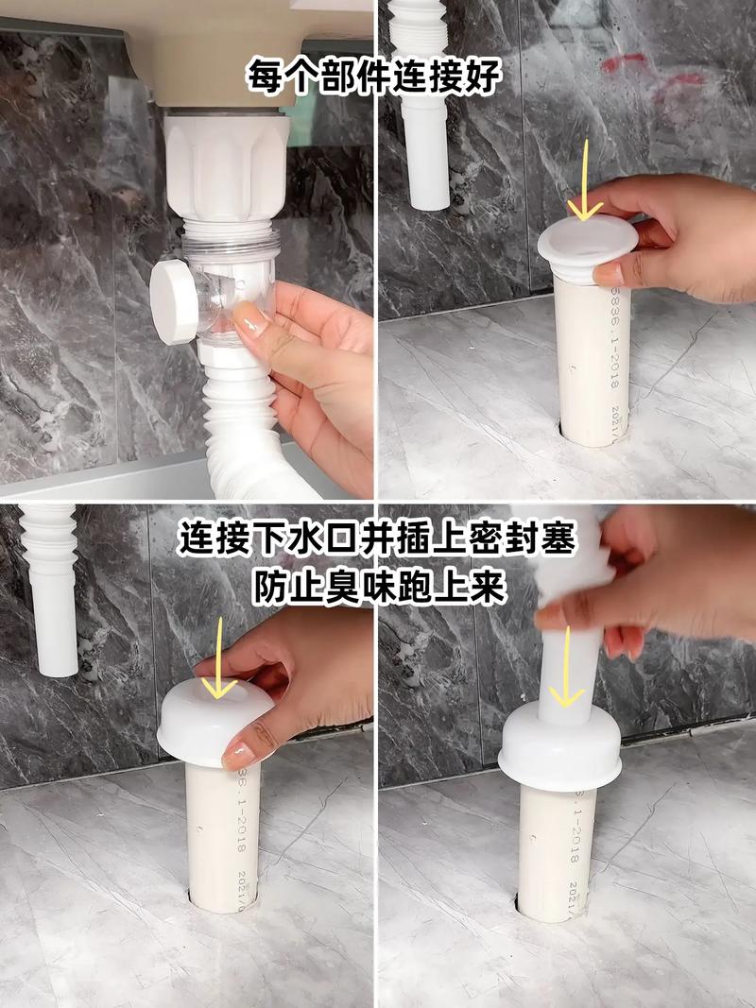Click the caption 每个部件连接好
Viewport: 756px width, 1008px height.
[373, 75]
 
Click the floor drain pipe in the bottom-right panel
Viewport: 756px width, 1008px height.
[558, 850]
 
